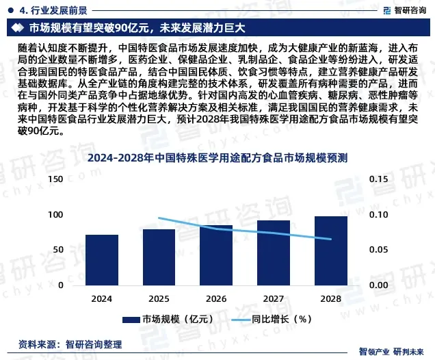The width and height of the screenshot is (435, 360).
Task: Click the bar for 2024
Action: tap(102, 259)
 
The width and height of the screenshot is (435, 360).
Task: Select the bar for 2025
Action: tap(159, 257)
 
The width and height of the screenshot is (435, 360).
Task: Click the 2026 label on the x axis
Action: tap(216, 299)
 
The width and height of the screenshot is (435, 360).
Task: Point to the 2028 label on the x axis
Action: tap(331, 299)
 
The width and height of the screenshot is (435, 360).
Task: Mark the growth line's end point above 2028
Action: tap(331, 239)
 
